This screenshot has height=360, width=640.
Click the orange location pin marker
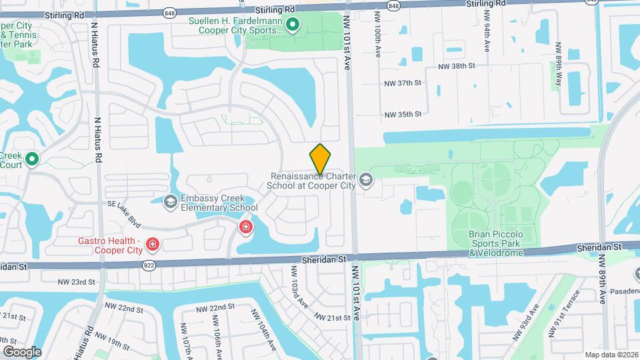[x=321, y=159]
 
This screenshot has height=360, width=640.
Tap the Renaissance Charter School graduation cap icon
[x=365, y=180]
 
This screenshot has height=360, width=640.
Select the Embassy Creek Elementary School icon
[x=171, y=201]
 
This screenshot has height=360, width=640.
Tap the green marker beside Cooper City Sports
[x=292, y=26]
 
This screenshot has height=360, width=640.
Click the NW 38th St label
[x=456, y=67]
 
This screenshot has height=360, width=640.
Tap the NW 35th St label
[x=403, y=114]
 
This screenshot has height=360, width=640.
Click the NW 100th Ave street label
[x=377, y=33]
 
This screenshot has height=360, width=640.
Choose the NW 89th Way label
[x=559, y=65]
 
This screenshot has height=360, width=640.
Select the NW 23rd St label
[x=77, y=282]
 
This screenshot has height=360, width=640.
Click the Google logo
[x=22, y=351]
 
